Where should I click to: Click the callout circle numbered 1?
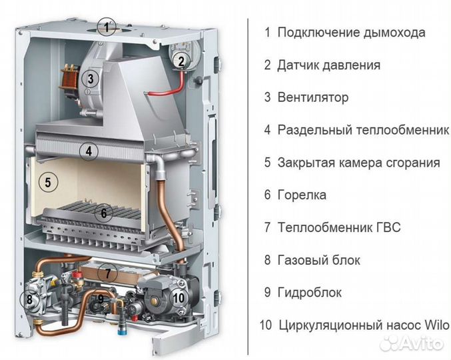point(105,27)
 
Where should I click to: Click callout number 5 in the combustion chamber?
point(45,181)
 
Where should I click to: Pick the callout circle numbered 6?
point(102,214)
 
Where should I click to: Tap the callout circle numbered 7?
point(107,272)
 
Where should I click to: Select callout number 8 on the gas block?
point(29,299)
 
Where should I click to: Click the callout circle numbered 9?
point(101,299)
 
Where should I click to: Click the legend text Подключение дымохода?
point(351,32)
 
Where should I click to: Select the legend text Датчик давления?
point(328,65)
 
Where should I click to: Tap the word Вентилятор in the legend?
point(312,97)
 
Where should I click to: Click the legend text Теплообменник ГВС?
point(339,227)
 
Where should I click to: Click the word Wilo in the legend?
point(436,325)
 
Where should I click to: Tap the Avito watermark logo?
point(413,344)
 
